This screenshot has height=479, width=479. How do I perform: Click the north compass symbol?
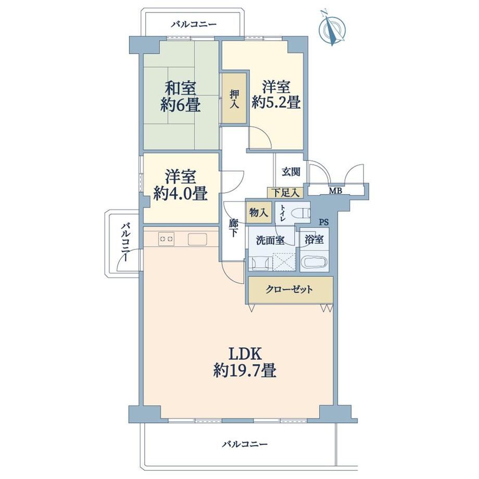pos(332,29)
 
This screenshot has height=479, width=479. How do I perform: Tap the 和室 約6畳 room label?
pos(181,96)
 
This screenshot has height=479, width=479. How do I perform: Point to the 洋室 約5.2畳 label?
pos(276,95)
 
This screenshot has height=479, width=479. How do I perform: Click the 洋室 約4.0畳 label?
pos(181,185)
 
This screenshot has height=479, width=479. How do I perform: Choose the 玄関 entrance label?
pos(291,172)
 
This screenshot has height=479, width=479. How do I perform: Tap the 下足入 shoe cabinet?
pos(285,193)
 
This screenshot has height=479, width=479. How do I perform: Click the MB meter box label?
pos(335,191)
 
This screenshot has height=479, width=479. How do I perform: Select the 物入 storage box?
pos(259,212)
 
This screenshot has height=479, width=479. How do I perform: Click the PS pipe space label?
pos(324,222)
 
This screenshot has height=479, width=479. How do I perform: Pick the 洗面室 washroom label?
pos(270,241)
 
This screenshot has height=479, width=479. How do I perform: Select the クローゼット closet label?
pos(289,289)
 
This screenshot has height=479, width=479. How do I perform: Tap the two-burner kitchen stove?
pos(166,238)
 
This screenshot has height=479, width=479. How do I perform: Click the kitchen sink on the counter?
pos(197,239)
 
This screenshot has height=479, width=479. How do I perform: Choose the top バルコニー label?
pos(194,24)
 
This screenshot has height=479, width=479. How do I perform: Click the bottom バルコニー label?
pos(245,444)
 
